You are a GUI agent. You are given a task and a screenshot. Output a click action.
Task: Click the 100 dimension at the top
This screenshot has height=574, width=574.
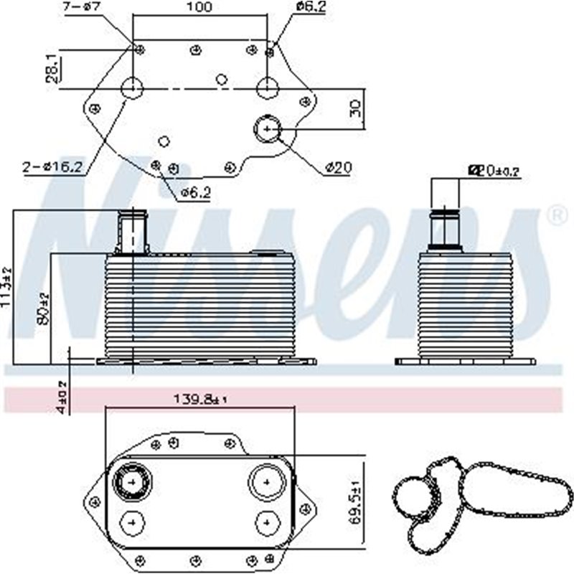(200, 8)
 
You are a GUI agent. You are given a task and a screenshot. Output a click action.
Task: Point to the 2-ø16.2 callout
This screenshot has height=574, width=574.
(52, 167)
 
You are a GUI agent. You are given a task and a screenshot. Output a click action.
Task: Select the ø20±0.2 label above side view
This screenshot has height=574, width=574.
(492, 170)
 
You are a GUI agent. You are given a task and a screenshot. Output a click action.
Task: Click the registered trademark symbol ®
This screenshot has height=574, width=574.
(556, 214)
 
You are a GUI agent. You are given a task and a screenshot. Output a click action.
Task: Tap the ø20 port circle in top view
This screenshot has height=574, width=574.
(267, 129)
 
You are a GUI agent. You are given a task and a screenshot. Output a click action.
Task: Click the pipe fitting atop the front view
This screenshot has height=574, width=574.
(132, 231)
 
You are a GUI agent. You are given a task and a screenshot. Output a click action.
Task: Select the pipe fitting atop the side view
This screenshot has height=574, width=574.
(445, 228)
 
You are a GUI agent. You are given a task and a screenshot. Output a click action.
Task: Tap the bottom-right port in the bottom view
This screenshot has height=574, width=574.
(266, 521)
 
